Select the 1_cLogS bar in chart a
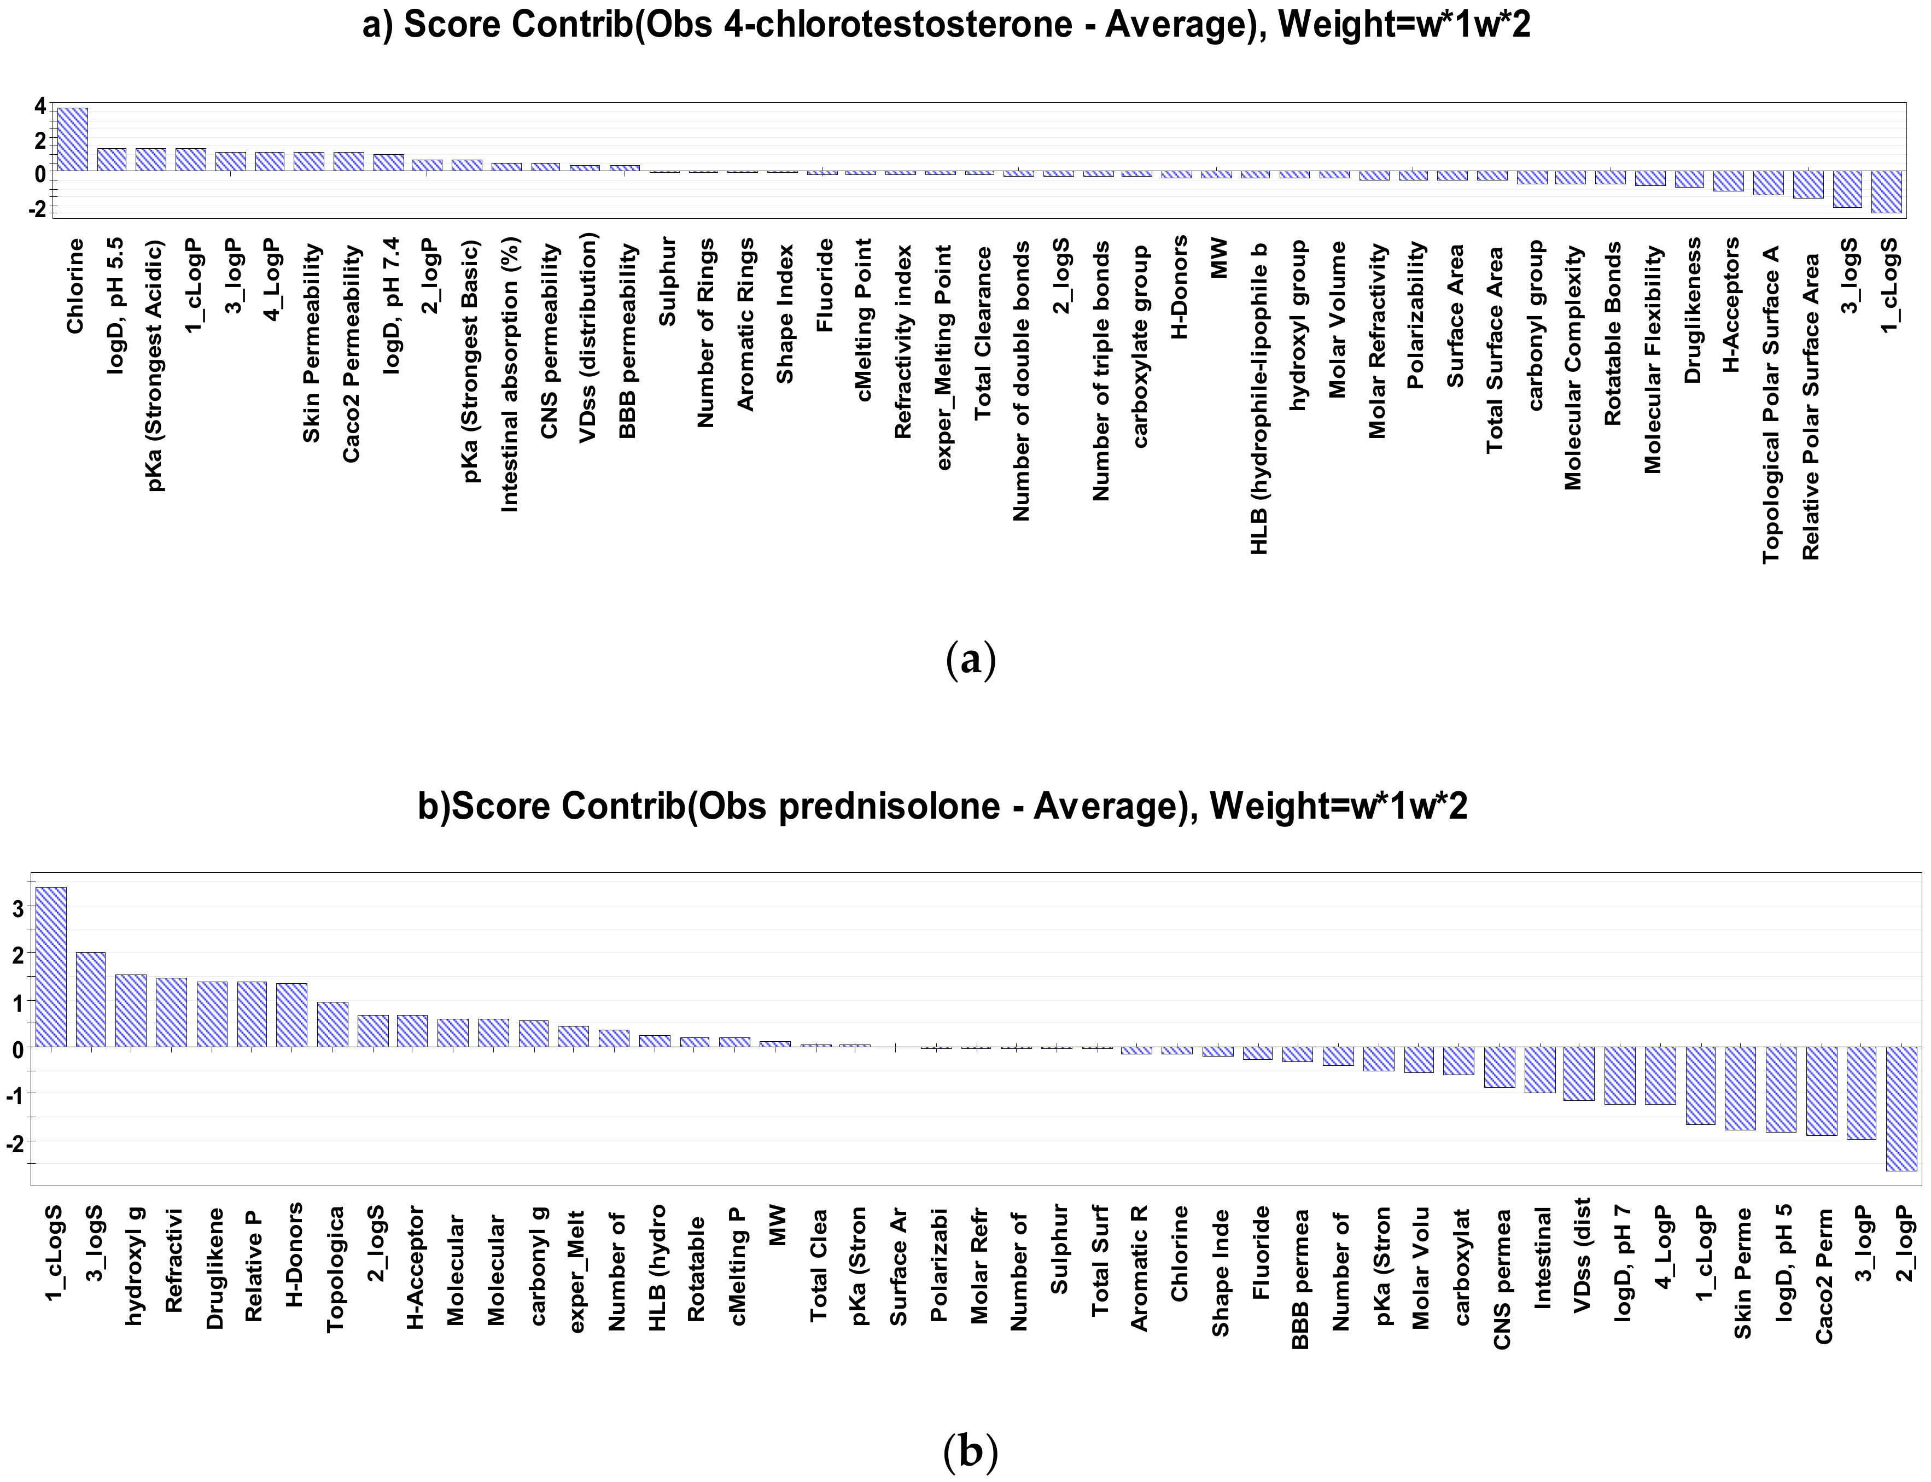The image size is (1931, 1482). click(1886, 191)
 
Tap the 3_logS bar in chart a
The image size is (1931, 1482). click(1847, 189)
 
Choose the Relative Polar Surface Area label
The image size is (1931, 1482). click(1811, 407)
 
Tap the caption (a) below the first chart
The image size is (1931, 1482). click(970, 660)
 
